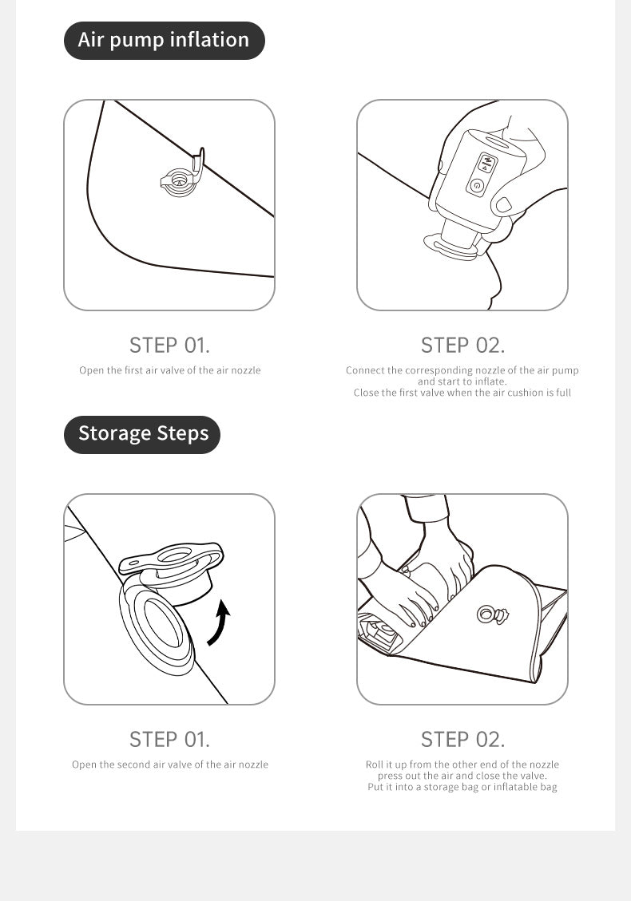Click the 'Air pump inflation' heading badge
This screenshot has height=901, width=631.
tap(164, 40)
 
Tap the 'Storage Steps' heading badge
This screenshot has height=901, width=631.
tap(142, 434)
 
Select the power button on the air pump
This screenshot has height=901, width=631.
tap(476, 185)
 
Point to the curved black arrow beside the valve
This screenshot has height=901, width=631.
tap(219, 623)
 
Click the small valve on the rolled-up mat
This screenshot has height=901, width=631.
tap(491, 614)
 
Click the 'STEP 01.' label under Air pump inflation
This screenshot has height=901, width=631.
tap(169, 346)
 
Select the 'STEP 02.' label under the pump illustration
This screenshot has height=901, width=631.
tap(462, 346)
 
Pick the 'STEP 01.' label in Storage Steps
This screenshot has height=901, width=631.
tap(169, 740)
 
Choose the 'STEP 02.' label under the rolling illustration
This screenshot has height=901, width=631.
tap(462, 740)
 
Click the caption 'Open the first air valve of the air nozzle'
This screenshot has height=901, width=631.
tap(169, 370)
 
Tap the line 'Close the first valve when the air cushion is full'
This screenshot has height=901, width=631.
tap(462, 393)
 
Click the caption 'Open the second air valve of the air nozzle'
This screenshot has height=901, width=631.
tap(169, 765)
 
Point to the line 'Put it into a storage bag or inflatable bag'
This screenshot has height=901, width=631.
tap(462, 787)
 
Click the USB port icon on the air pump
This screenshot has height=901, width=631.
tap(486, 161)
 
